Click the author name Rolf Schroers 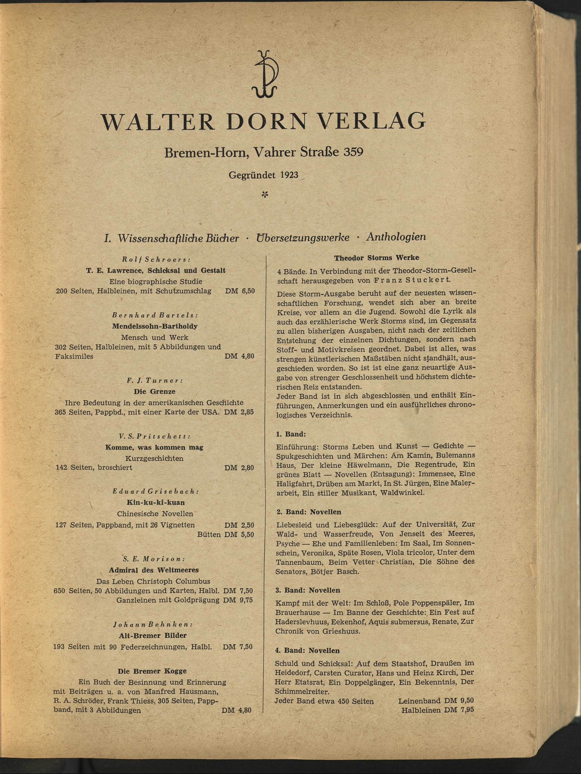156,260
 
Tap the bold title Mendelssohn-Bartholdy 155,326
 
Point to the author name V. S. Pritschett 155,436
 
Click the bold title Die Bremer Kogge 152,671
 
